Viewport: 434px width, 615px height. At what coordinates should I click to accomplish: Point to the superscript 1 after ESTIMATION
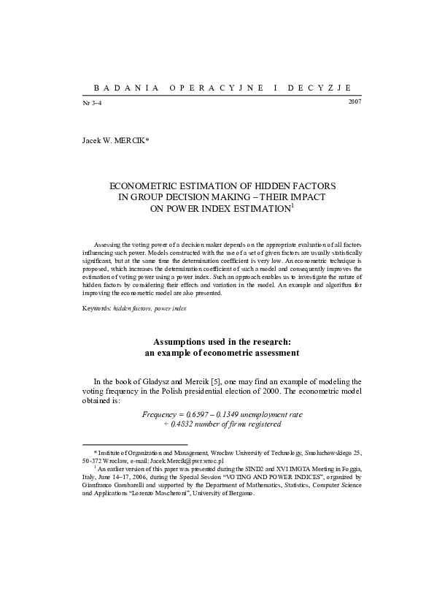point(292,206)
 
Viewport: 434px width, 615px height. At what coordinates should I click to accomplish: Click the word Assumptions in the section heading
point(185,342)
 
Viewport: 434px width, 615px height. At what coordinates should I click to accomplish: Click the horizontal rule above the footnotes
point(134,443)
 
